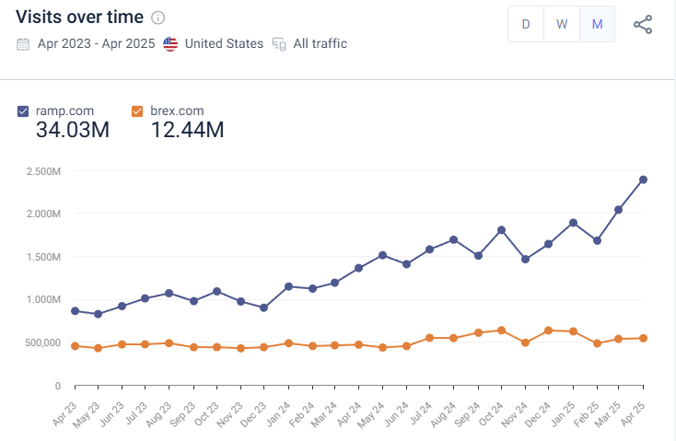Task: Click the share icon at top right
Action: (643, 25)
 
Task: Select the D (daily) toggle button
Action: (526, 25)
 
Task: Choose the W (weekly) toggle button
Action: (561, 25)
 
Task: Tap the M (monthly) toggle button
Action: (597, 25)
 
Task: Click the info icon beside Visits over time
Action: (158, 18)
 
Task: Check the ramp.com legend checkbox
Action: (23, 111)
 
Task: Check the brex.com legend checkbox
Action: (137, 111)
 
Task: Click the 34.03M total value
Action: (73, 131)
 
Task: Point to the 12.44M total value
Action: (187, 131)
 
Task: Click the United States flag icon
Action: (170, 44)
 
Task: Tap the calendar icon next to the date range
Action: (23, 44)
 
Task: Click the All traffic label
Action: (320, 44)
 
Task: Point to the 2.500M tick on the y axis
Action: (44, 171)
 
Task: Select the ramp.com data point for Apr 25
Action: (643, 180)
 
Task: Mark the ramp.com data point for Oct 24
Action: (501, 230)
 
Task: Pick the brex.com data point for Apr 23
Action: (75, 346)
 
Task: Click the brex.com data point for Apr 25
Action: (643, 338)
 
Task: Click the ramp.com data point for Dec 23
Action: (264, 308)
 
